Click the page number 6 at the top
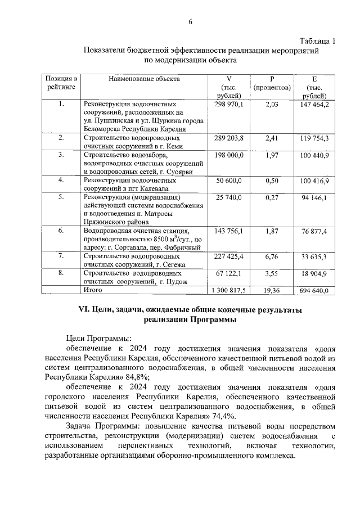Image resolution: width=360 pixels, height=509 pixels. coord(190,21)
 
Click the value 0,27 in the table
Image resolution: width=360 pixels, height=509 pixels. coord(272,198)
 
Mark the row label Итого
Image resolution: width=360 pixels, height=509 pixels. coord(92,290)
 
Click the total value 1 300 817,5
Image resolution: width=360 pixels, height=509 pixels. coord(227,291)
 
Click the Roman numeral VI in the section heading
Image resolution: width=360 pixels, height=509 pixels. coord(85,310)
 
